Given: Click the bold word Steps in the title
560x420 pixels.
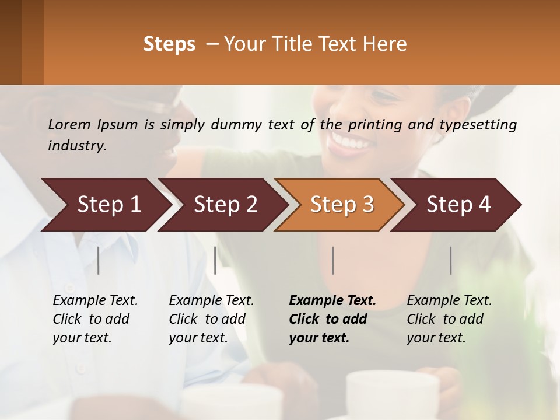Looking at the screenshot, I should coord(169,44).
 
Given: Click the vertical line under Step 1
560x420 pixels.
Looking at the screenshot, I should coord(99,260).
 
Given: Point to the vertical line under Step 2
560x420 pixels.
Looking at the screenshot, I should coord(215,260).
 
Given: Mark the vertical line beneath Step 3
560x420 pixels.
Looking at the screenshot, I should coord(333,260).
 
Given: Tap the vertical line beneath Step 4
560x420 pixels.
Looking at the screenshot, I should coord(451,260).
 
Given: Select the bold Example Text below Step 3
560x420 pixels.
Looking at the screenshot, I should coord(332,319).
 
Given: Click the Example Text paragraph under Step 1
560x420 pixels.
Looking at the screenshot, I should coord(95,319).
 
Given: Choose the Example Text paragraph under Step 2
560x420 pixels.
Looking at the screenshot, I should coord(211,319).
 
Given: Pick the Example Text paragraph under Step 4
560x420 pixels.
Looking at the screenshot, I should coord(449,319).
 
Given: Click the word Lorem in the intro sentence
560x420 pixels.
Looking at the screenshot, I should coord(69,124).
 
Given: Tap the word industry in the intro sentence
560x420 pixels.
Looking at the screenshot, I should coord(77,146).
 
